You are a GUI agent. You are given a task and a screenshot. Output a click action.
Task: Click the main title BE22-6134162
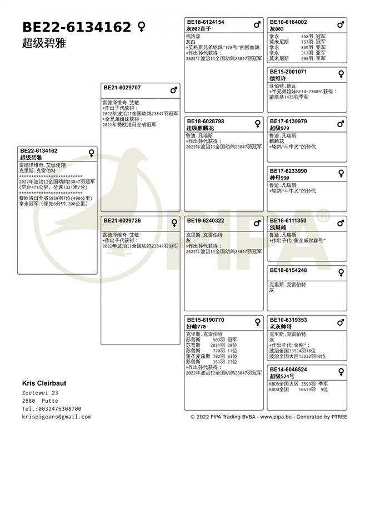[x=77, y=27]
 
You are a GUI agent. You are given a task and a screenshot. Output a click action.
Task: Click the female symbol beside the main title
[x=142, y=27]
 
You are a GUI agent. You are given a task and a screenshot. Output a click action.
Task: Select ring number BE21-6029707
[x=122, y=88]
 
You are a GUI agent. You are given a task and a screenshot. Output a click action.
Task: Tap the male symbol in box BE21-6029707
[x=174, y=89]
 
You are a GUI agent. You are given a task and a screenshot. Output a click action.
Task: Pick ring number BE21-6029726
[x=122, y=221]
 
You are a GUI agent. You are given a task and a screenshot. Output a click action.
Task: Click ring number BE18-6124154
[x=206, y=22]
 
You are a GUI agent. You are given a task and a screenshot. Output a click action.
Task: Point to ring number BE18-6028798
[x=206, y=121]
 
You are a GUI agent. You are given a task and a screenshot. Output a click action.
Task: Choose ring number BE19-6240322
[x=206, y=221]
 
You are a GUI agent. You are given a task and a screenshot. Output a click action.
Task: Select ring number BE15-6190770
[x=206, y=320]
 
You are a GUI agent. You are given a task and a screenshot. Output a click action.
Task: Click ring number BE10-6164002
[x=288, y=22]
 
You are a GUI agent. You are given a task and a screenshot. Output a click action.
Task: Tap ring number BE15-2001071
[x=288, y=72]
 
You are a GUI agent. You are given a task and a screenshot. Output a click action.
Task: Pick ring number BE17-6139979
[x=288, y=121]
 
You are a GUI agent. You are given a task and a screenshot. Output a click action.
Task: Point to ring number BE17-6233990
[x=288, y=171]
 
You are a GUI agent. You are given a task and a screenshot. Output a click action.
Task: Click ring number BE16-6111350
[x=288, y=221]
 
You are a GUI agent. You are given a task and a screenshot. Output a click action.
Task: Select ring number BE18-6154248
[x=288, y=270]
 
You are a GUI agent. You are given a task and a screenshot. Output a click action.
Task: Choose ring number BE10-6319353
[x=288, y=320]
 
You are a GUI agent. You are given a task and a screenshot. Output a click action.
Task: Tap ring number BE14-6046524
[x=288, y=370]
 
